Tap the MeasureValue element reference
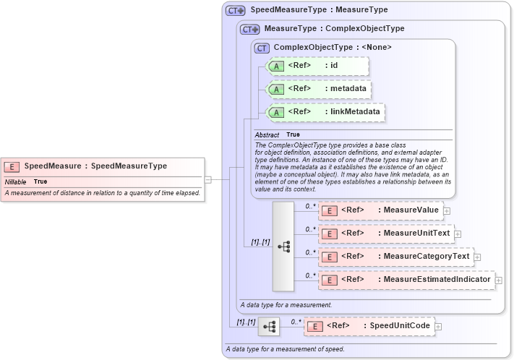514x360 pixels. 380,210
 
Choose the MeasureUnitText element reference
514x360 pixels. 386,233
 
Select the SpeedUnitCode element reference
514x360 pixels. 368,326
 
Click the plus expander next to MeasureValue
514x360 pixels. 447,211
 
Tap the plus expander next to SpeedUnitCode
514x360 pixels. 438,327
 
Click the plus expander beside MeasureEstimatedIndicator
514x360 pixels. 499,280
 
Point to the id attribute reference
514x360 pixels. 318,66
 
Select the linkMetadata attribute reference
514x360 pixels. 326,112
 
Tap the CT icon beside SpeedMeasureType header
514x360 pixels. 235,11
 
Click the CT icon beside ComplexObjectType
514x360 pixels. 262,48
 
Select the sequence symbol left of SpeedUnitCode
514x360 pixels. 269,327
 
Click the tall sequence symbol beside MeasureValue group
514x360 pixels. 283,246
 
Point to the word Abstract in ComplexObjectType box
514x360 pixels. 267,135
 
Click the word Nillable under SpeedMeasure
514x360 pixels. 16,181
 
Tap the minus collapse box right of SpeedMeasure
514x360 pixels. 207,179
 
